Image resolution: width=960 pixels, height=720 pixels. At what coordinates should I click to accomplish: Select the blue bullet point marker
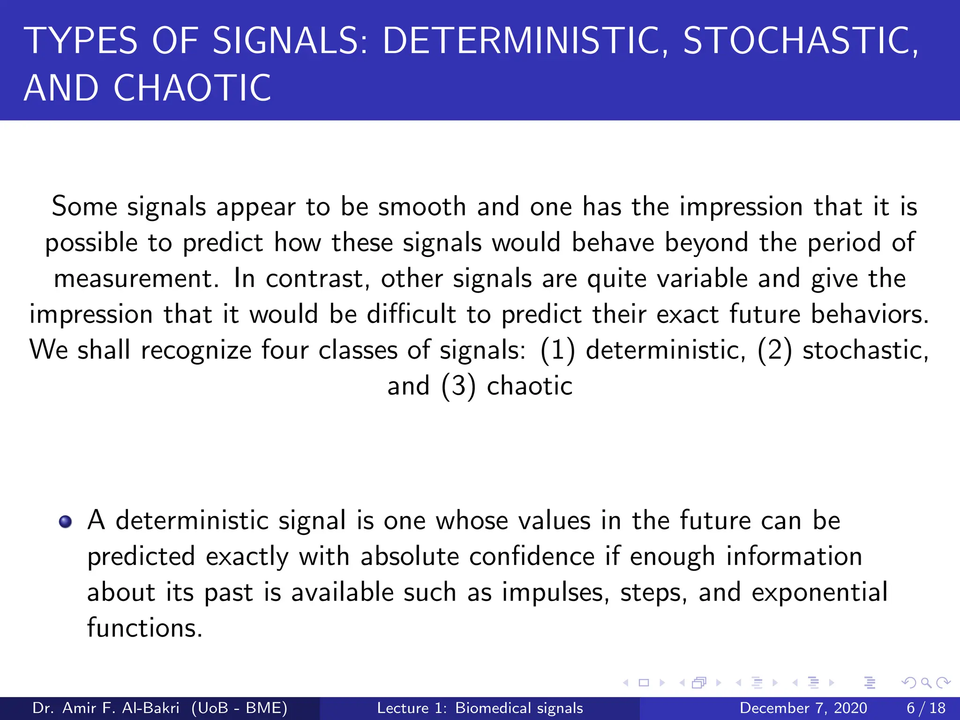65,522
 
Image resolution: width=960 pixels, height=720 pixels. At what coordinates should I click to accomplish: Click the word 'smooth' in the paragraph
422,207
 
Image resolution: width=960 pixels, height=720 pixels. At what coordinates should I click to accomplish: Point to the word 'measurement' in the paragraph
136,278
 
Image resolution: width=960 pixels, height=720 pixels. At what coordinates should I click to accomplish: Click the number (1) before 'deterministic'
557,351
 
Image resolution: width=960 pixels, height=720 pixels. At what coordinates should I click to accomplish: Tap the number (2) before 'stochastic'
774,351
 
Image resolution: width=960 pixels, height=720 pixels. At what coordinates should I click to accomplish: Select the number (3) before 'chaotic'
458,387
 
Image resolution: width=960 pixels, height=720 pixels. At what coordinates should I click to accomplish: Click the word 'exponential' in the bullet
819,592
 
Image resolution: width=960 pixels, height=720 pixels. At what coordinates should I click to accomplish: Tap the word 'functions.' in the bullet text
145,628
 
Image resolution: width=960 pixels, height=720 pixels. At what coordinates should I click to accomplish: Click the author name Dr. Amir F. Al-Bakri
106,708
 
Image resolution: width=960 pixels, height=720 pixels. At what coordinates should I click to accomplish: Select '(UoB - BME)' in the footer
239,708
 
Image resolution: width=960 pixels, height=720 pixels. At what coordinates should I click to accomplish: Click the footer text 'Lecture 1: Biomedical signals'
480,708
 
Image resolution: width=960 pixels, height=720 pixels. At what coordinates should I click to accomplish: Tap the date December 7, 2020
803,708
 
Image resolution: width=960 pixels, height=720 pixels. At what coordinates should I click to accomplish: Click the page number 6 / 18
926,708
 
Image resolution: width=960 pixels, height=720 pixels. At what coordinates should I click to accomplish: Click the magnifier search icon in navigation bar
926,682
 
